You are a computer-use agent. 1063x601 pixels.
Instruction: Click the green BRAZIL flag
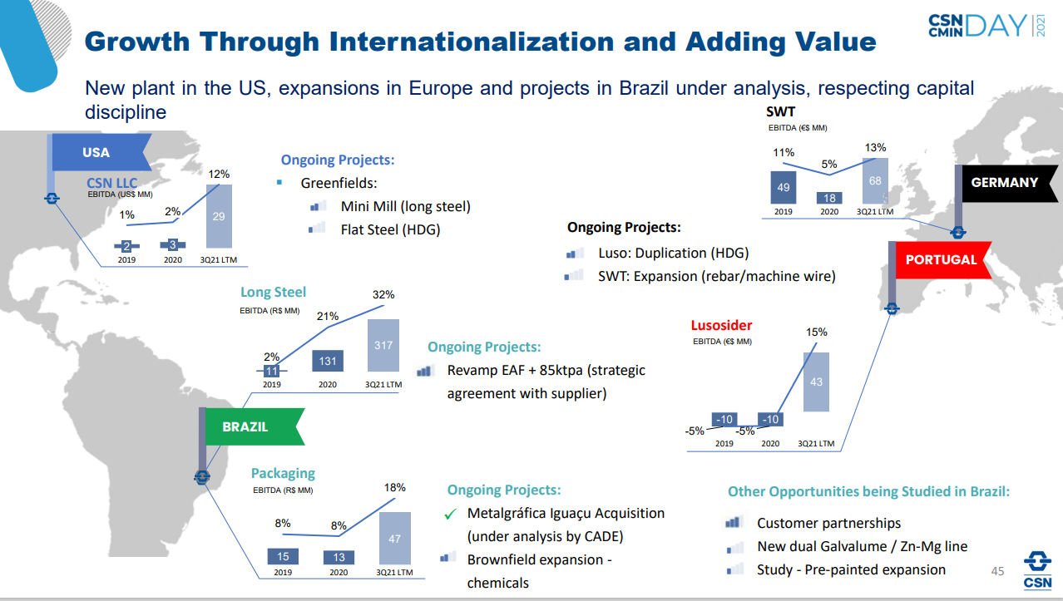point(247,426)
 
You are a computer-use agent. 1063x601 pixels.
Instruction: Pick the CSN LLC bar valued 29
point(219,216)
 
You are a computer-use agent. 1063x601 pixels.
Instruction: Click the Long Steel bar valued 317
point(383,345)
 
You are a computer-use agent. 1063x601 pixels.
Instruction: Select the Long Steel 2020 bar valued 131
point(328,362)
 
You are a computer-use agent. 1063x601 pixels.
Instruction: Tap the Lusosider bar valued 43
point(816,382)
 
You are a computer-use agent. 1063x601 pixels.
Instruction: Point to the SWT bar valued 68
point(875,181)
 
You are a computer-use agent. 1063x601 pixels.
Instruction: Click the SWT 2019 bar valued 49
point(784,188)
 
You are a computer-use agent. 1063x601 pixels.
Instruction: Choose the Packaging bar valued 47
point(394,538)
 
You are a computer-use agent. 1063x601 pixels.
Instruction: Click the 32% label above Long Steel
point(383,294)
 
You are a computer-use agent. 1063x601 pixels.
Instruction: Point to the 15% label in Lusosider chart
point(816,332)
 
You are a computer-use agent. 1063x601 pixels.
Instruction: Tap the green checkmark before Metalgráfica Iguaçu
point(450,515)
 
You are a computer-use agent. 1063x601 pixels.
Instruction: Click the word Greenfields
point(339,183)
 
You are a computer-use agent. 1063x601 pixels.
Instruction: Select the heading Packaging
point(283,473)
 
